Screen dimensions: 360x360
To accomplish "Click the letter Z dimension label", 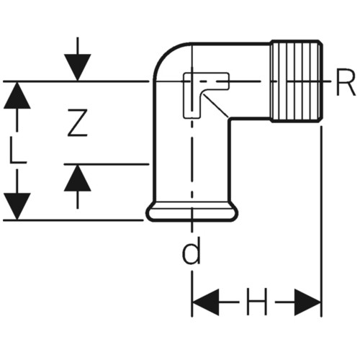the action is coord(77,123).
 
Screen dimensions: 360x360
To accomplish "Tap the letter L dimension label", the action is coord(17,150).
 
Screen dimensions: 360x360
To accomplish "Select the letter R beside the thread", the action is coord(346,81).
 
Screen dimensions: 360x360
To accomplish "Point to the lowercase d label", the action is coord(191,251).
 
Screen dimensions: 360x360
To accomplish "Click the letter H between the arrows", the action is coord(257,302).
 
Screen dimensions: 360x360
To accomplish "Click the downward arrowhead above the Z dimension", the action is coord(77,67).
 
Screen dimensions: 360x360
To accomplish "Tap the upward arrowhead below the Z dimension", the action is coord(77,178).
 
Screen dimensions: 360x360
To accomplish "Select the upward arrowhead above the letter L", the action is coord(17,96).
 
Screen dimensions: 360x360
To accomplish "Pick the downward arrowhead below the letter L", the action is coord(17,206).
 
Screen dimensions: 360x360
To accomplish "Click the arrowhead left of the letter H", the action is coord(206,302).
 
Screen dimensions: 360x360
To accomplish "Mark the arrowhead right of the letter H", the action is coord(307,302).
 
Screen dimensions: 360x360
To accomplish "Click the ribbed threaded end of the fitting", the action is coord(296,81).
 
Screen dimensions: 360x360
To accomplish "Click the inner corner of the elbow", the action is coord(229,118).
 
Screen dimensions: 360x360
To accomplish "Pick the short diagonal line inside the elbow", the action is coord(216,106).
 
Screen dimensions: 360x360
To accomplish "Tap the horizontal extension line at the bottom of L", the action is coord(73,220).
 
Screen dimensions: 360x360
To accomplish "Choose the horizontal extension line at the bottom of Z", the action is coord(107,164).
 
